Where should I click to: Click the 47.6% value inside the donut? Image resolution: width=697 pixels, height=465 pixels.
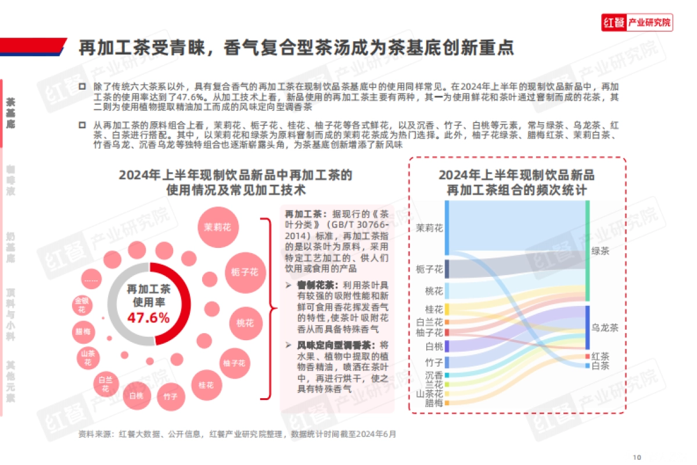(149, 318)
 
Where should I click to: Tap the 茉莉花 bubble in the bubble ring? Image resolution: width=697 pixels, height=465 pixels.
(218, 227)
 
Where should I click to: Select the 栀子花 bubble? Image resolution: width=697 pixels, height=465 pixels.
(245, 272)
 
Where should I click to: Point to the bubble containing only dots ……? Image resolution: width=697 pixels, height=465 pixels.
(92, 280)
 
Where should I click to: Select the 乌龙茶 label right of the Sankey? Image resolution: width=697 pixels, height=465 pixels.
(605, 327)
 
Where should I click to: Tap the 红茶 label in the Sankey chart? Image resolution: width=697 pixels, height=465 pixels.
(600, 356)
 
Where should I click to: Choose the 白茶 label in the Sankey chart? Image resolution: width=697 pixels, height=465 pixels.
(600, 366)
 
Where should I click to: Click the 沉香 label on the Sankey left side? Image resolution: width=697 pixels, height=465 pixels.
(434, 375)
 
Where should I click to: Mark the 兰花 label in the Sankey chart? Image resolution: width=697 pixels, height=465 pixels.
(434, 384)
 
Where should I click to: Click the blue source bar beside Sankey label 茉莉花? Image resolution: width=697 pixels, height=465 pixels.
(447, 228)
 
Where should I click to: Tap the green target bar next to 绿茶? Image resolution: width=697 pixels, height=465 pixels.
(587, 251)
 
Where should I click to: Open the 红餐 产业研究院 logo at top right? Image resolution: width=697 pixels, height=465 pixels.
(637, 23)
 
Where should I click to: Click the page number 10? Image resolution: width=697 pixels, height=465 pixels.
(637, 456)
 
